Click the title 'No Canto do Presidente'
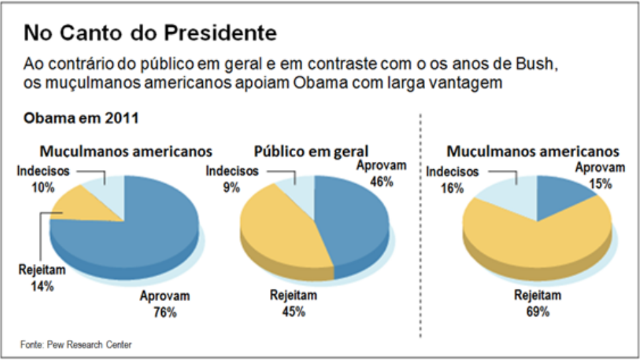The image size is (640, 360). pyautogui.click(x=150, y=33)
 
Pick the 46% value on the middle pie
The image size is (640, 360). pyautogui.click(x=381, y=181)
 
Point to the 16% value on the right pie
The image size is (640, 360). pyautogui.click(x=453, y=189)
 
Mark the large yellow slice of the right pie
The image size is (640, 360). pyautogui.click(x=537, y=235)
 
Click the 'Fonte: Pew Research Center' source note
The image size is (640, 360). pyautogui.click(x=76, y=345)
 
